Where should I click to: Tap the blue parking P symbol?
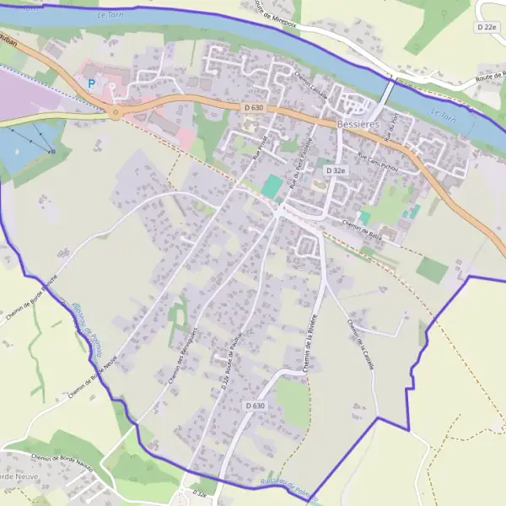91,83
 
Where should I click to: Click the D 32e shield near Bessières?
336,170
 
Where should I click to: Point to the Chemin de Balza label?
363,223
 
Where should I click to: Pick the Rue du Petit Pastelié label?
301,162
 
